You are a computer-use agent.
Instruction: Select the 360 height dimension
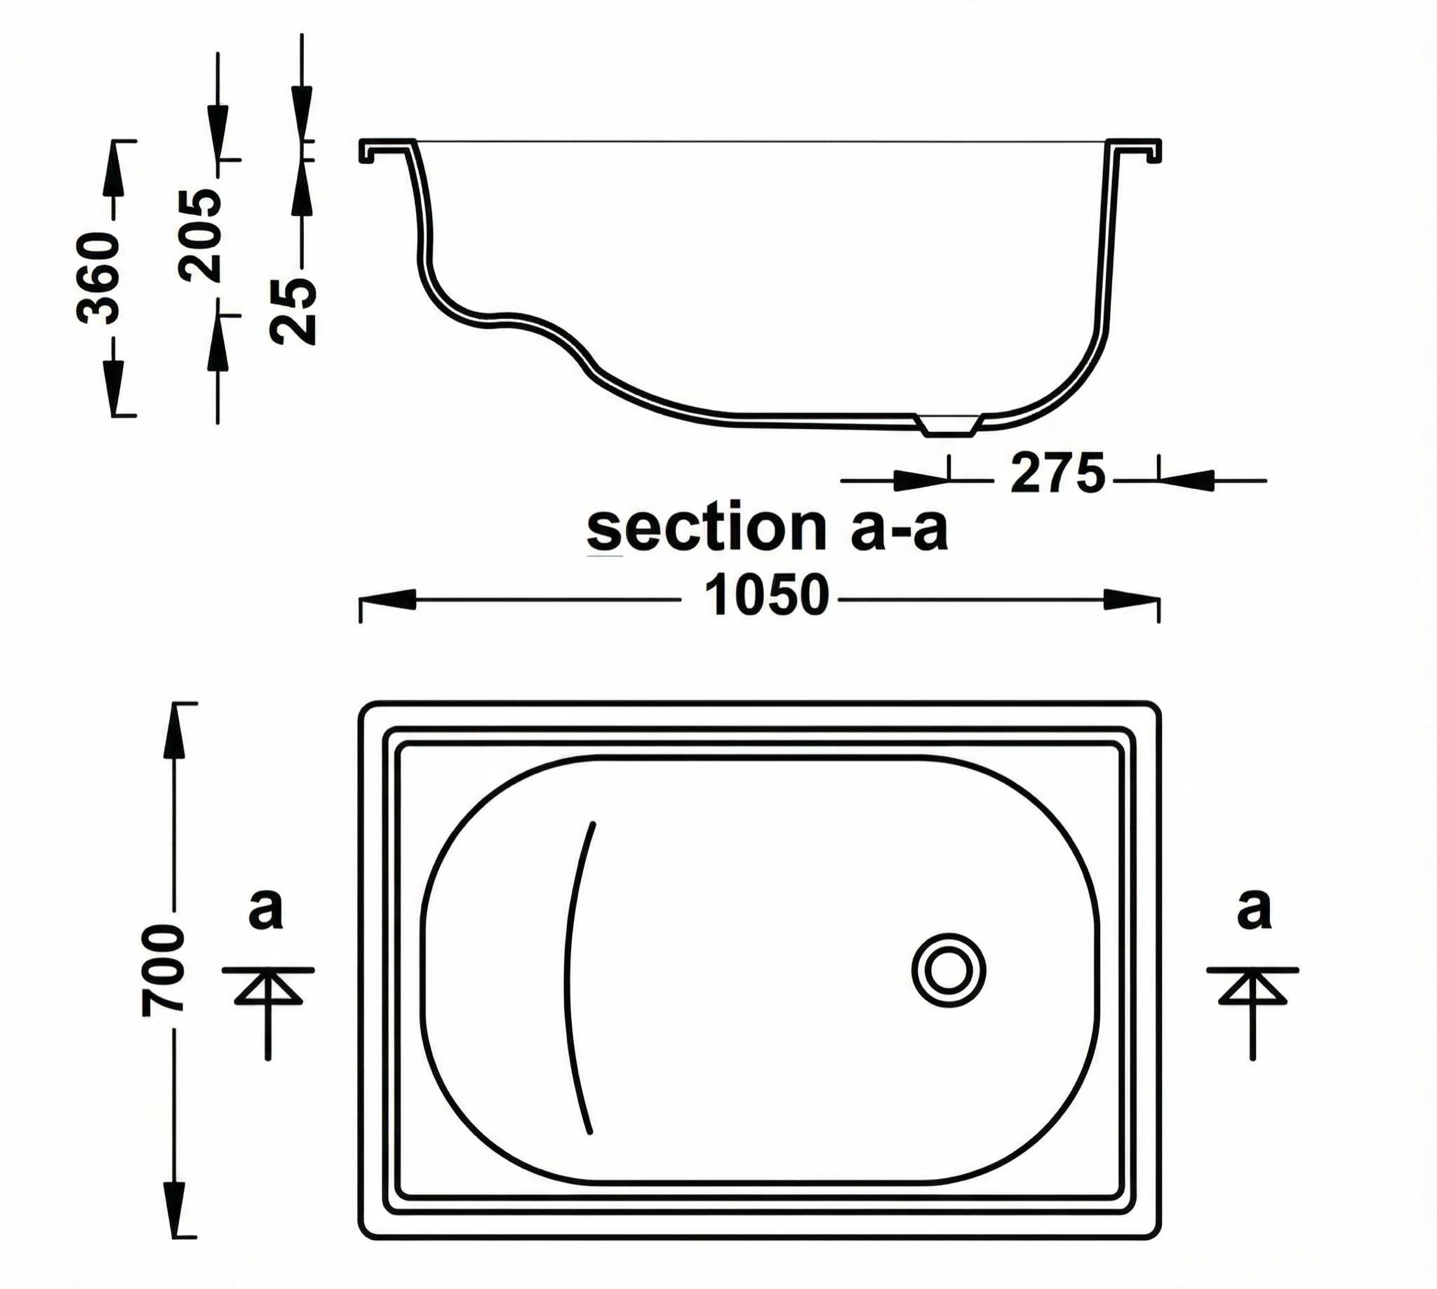(98, 277)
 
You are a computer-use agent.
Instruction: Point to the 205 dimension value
(199, 235)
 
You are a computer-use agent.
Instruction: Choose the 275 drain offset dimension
(1057, 474)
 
